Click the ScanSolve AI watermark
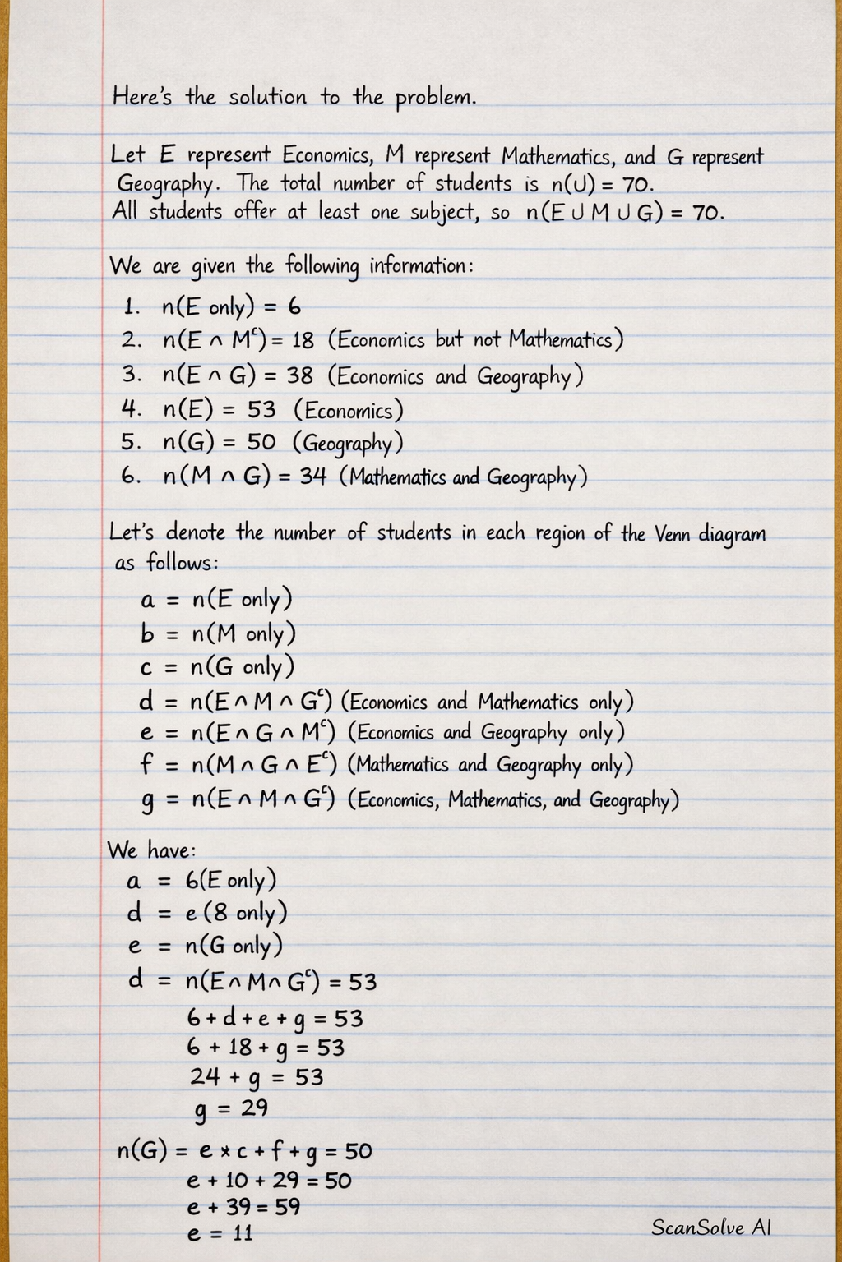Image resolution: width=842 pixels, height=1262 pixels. click(711, 1227)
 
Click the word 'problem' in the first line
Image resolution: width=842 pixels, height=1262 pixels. click(436, 98)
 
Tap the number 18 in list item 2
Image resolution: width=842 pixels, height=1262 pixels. click(303, 341)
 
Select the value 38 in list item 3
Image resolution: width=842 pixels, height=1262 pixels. click(299, 376)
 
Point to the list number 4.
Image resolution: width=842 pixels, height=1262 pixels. click(130, 409)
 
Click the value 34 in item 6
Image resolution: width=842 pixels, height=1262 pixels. click(312, 477)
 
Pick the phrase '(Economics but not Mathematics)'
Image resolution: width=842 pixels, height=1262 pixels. click(475, 340)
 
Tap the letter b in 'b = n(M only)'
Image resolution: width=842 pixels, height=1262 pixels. click(148, 633)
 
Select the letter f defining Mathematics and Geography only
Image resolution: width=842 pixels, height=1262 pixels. click(146, 764)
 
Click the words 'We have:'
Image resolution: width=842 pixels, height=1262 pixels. click(152, 850)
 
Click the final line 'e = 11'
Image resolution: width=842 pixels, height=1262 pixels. click(220, 1232)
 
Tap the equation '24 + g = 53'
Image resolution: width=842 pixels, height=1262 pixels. click(257, 1077)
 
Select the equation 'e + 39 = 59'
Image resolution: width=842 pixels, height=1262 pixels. click(243, 1207)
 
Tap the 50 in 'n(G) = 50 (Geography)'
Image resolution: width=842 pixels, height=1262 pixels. click(261, 442)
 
